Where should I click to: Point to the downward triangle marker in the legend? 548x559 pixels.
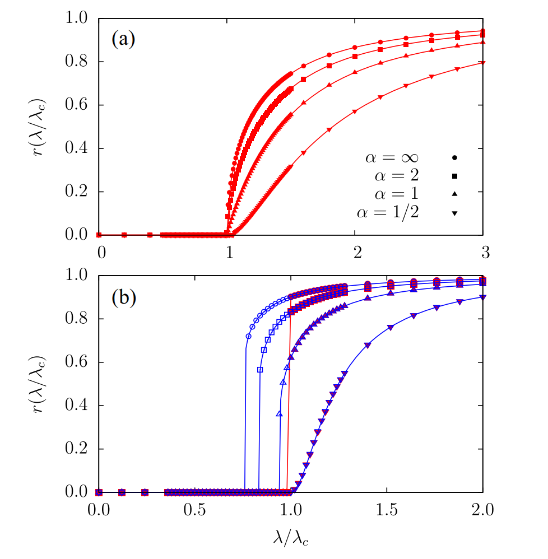[455, 212]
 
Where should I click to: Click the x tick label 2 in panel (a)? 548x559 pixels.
[355, 252]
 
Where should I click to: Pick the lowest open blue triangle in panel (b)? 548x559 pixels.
[280, 414]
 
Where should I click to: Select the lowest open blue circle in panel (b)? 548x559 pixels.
[248, 337]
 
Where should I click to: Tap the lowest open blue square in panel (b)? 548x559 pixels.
[260, 370]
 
